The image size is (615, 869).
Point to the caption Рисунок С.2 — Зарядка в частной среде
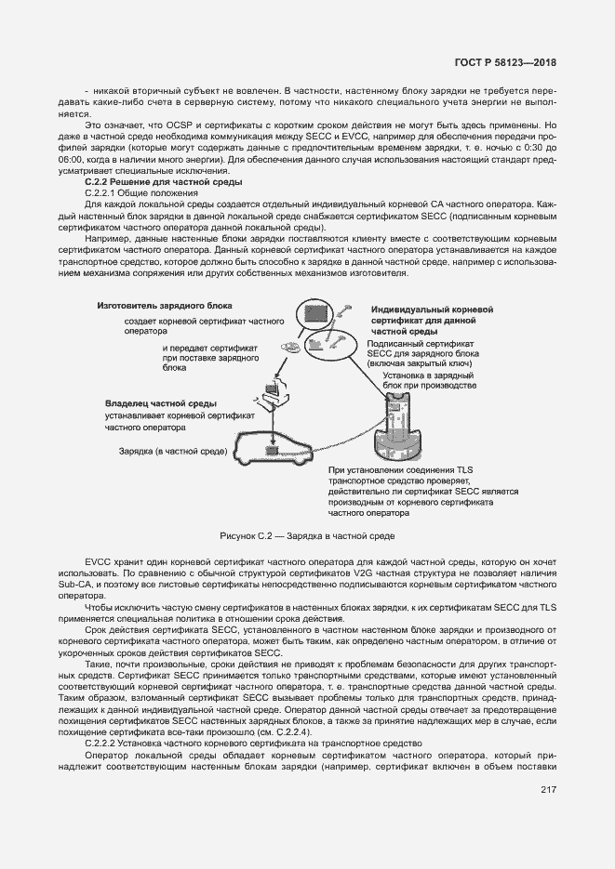pos(307,536)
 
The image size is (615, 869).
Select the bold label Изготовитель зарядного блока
pos(164,306)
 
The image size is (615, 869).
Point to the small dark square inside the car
pos(272,450)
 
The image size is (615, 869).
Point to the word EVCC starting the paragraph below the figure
pos(98,561)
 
